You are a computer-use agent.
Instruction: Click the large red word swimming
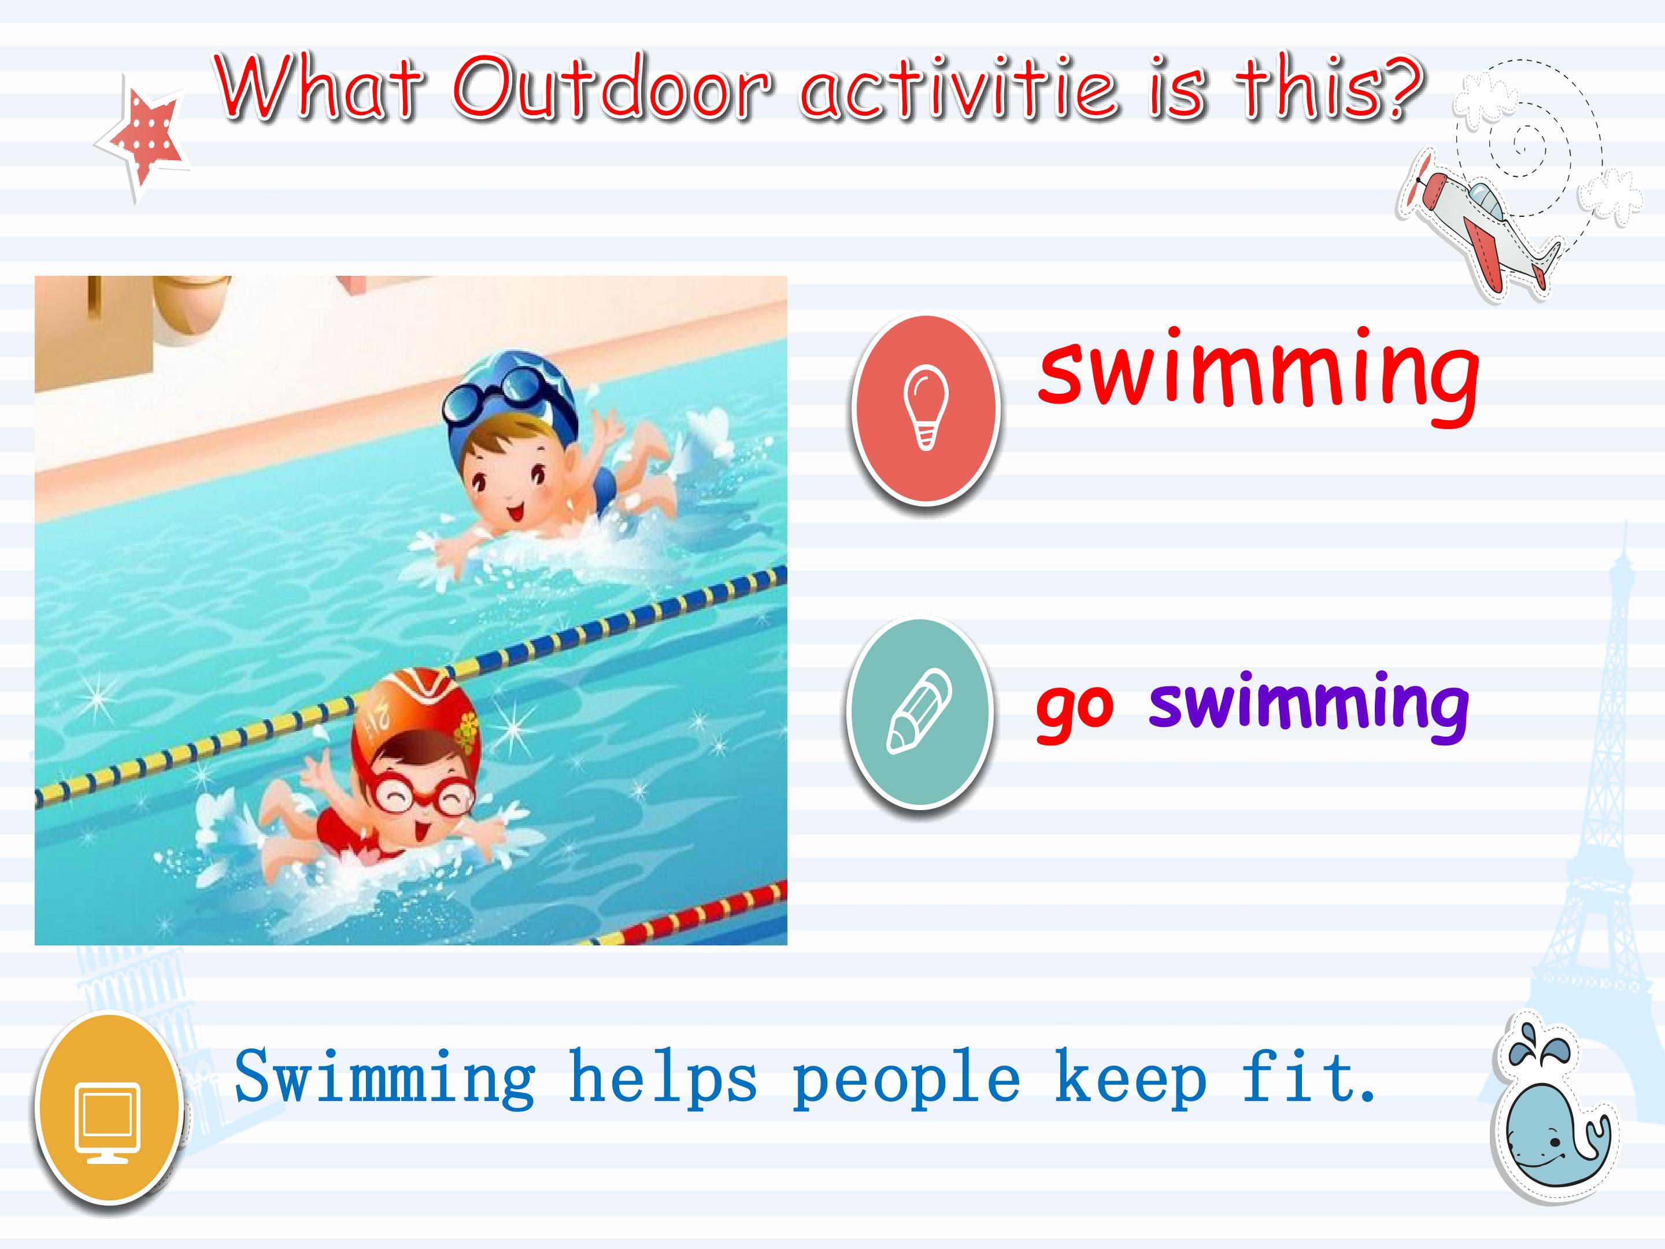[1259, 376]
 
